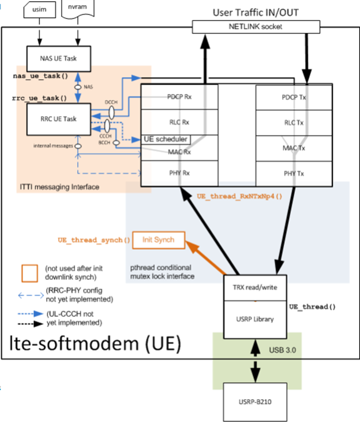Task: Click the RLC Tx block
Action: point(295,122)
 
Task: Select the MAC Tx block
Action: point(295,149)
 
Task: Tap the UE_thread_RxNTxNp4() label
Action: point(247,196)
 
